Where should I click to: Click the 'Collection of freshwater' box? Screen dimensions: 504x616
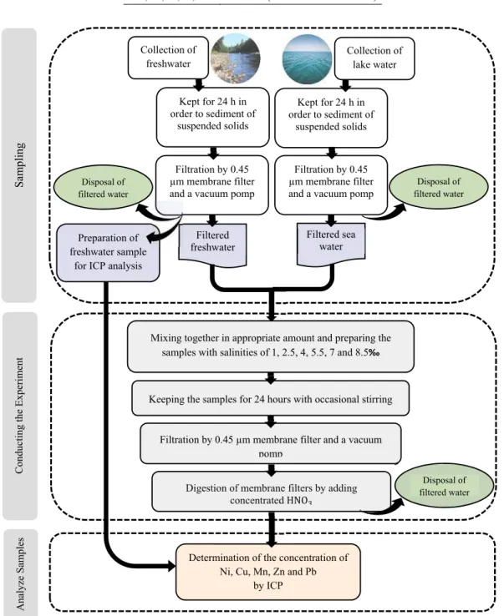168,58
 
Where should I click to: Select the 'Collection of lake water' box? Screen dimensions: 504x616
374,58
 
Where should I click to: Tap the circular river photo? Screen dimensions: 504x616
235,58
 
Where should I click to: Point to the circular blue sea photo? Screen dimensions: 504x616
308,59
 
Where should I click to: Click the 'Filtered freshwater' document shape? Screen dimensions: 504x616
213,245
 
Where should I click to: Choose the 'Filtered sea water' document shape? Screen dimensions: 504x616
331,244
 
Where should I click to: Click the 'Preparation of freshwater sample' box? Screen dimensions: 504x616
108,253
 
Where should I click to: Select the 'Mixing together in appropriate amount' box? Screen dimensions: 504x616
271,346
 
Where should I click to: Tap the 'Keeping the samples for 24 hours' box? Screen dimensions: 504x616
271,398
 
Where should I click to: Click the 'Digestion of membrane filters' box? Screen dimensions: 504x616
272,492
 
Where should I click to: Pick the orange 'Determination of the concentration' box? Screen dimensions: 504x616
268,572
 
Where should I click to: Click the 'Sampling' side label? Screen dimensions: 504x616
19,165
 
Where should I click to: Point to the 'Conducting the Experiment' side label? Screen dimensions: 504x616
19,416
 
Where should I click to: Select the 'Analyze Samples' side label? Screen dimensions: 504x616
20,573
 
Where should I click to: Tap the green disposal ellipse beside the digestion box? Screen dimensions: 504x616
444,486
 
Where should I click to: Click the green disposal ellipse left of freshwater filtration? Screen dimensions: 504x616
103,188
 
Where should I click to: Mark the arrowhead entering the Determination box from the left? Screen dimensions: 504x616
171,566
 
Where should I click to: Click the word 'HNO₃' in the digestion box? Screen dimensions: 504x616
298,501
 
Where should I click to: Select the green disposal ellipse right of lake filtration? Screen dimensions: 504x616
439,187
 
